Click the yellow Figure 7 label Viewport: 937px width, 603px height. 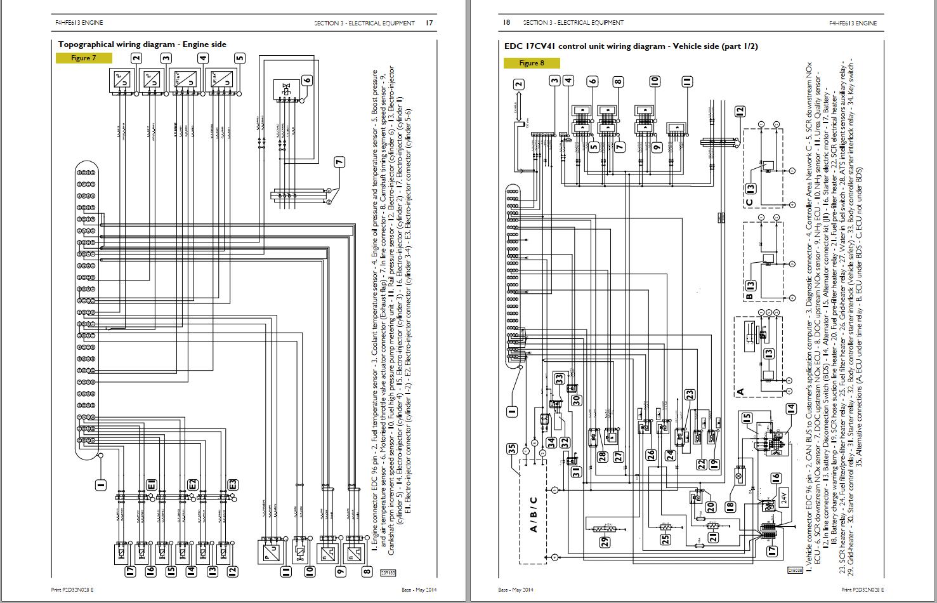point(84,58)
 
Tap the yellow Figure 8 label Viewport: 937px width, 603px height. point(532,63)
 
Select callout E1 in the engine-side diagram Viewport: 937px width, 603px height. point(152,486)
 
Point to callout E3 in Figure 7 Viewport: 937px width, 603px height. point(233,486)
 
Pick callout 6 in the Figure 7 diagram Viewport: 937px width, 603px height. point(308,80)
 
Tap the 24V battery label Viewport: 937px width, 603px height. point(783,496)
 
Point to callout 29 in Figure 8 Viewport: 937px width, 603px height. point(605,541)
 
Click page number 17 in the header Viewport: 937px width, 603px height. point(429,23)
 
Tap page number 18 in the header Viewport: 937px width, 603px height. point(506,23)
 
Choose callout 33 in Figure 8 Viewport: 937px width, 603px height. point(559,379)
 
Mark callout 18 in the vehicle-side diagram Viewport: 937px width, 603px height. point(730,507)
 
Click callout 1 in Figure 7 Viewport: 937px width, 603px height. point(100,486)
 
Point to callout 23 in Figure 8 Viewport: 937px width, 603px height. point(690,395)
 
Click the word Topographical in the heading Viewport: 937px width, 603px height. point(86,44)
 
